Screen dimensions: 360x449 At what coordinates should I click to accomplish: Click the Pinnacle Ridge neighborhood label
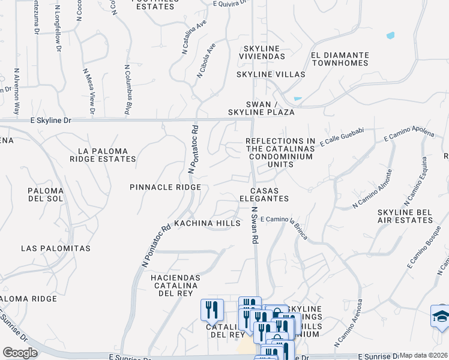(x=165, y=187)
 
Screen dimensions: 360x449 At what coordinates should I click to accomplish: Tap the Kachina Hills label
(x=207, y=223)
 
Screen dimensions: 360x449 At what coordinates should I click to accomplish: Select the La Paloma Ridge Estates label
(x=103, y=155)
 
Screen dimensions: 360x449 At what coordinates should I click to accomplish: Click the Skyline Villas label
(x=271, y=74)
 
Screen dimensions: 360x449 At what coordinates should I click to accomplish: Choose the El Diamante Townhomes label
(x=339, y=58)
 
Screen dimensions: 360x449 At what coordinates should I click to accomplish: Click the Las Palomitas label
(x=55, y=248)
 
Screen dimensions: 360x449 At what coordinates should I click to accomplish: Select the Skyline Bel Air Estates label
(x=405, y=216)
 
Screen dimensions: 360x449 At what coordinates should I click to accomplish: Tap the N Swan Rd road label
(x=255, y=225)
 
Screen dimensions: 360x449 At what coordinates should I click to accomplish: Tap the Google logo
(x=20, y=353)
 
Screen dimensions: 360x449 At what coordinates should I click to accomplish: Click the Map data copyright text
(x=424, y=355)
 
